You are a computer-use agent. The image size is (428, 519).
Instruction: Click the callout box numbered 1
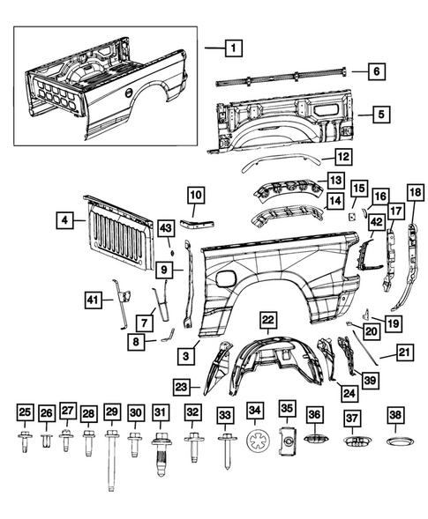(x=233, y=48)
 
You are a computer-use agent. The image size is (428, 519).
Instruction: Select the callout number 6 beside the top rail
(x=375, y=71)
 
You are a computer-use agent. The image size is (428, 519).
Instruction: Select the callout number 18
(x=414, y=194)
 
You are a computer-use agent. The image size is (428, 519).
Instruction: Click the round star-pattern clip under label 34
(x=256, y=442)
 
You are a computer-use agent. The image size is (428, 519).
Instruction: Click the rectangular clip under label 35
(x=286, y=443)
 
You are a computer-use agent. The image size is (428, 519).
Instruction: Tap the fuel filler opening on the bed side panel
(x=226, y=278)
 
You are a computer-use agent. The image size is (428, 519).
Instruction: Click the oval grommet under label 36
(x=315, y=440)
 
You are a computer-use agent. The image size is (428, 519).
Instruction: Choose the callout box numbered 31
(x=160, y=412)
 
